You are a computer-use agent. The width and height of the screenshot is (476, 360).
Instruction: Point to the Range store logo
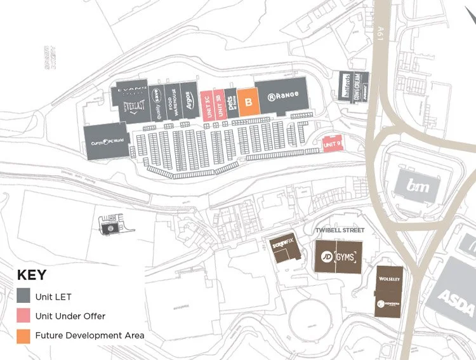click(282, 97)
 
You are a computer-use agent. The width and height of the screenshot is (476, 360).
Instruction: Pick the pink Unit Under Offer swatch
click(23, 316)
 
